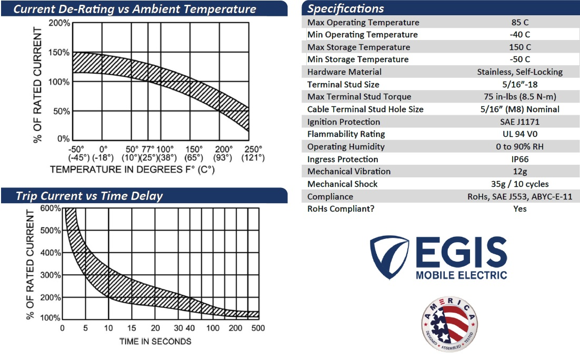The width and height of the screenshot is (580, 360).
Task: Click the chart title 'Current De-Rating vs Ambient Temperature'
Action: tap(135, 9)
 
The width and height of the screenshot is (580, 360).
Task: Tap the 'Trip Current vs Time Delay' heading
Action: tap(89, 196)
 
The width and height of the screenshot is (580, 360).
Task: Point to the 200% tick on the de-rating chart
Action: tap(59, 24)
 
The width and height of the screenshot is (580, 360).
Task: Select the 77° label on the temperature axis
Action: tap(148, 149)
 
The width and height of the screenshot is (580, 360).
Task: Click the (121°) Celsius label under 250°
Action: tap(253, 158)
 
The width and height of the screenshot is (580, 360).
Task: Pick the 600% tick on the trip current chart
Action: tap(51, 208)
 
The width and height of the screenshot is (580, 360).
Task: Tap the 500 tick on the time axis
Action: tap(258, 328)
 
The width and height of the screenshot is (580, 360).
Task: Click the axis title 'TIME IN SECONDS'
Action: tap(155, 341)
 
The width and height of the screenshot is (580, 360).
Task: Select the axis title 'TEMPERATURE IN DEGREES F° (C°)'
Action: tap(133, 170)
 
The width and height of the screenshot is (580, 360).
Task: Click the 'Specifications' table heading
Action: tap(345, 8)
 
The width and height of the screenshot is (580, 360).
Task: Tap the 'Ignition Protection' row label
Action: tap(344, 122)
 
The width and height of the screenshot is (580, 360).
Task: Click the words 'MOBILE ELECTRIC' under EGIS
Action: tap(461, 275)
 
